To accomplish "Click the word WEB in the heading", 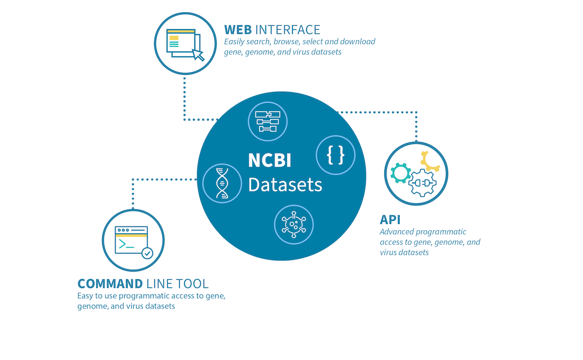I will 238,29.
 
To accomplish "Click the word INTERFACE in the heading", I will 288,29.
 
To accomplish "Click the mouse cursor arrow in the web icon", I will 198,55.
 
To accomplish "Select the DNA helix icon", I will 222,183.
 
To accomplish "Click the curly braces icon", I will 336,156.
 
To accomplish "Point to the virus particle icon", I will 294,224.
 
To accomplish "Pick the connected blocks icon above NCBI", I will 268,121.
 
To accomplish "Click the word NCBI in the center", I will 270,161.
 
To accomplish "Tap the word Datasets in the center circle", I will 285,185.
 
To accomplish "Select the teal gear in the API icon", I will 401,173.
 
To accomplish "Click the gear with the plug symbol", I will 422,183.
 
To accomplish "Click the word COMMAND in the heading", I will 110,284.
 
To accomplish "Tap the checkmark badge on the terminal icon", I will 147,253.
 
